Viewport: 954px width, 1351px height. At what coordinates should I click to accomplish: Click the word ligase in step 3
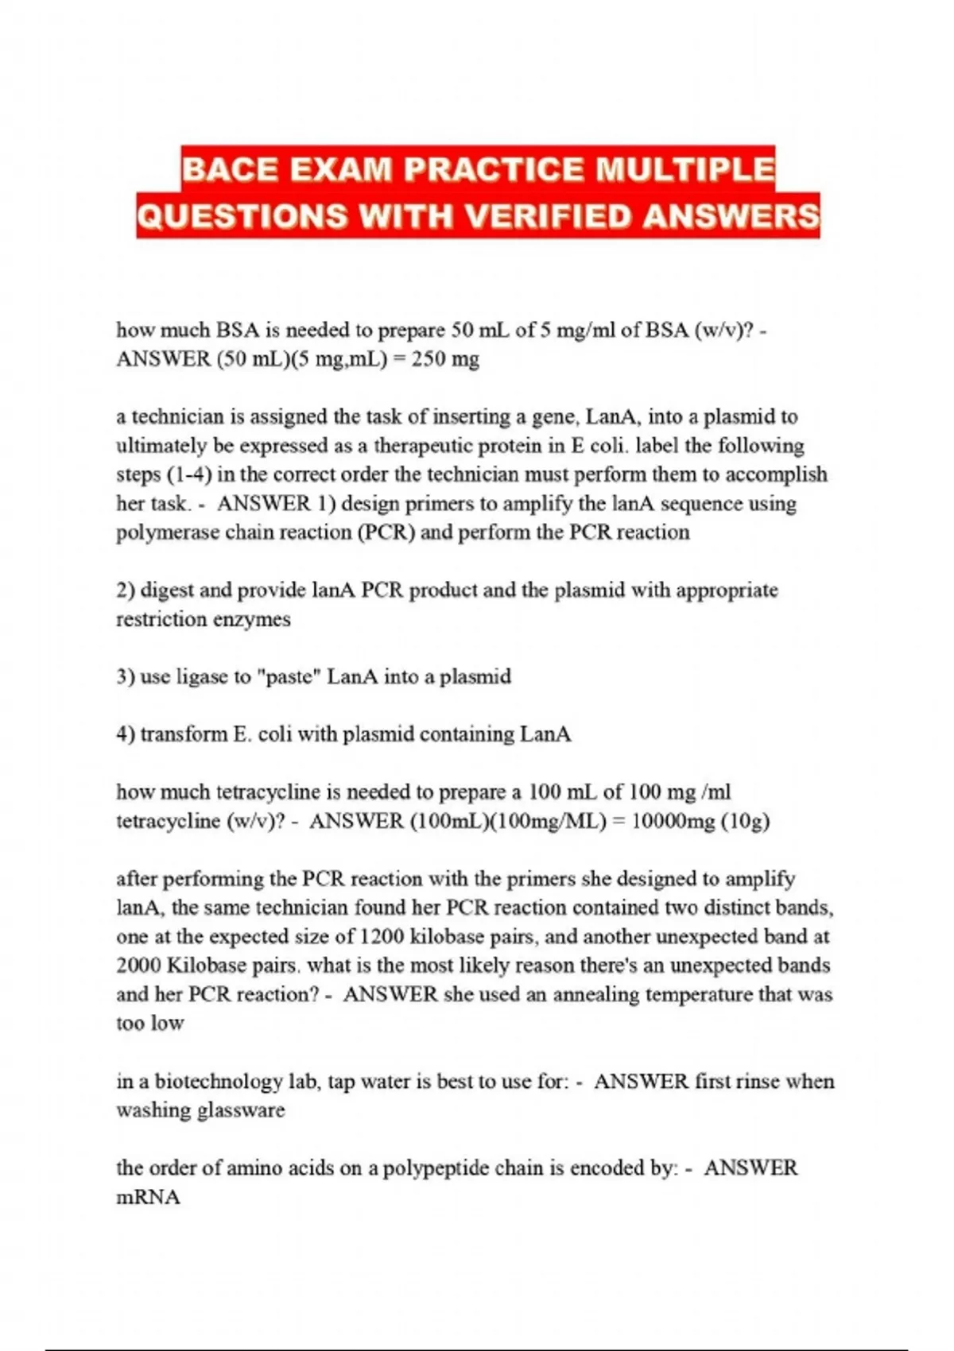[200, 677]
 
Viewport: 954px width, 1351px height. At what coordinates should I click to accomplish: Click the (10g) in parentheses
[746, 821]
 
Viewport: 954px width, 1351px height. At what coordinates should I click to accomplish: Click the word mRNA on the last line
[149, 1198]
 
